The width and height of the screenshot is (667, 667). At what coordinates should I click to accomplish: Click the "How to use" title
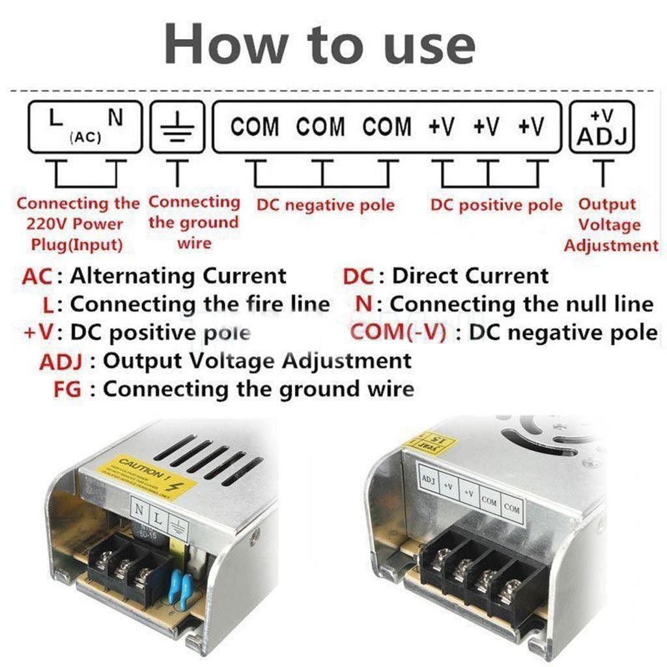point(320,44)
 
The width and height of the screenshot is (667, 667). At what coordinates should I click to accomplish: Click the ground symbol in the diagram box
point(177,126)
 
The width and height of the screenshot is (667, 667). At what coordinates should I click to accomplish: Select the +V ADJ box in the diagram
point(602,127)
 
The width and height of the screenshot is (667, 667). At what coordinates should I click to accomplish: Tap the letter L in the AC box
point(57,119)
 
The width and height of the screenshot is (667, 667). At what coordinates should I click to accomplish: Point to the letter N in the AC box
point(115,118)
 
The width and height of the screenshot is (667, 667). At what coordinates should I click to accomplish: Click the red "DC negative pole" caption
point(325,206)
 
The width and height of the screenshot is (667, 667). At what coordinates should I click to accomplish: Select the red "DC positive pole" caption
point(496,205)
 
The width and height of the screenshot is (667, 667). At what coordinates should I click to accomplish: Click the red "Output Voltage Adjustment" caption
point(610,225)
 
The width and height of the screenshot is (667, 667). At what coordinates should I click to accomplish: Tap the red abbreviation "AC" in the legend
point(36,276)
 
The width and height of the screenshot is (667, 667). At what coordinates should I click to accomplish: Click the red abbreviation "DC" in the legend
point(358,276)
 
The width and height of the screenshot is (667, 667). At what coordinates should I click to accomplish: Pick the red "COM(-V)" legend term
point(398,332)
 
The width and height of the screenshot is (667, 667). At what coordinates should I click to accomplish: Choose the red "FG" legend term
point(67,390)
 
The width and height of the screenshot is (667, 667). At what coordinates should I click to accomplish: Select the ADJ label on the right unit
point(428,480)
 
